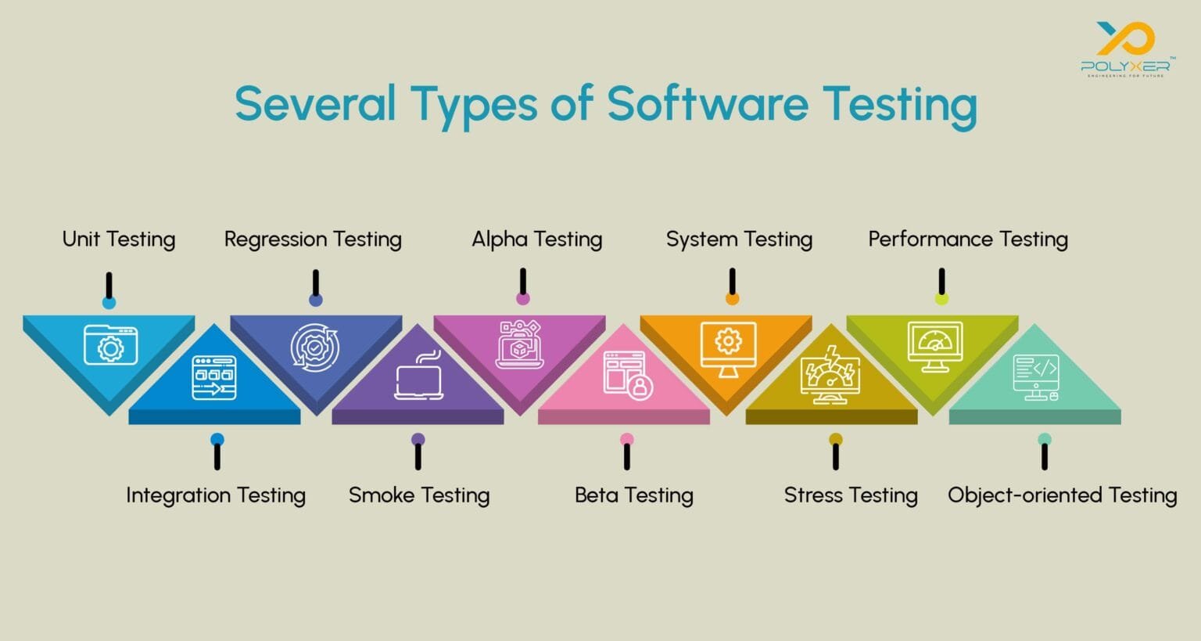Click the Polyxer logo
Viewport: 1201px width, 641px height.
point(1125,49)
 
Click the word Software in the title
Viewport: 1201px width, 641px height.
point(707,103)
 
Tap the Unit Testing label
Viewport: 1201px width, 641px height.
point(119,239)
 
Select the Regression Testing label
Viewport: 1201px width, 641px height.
point(313,239)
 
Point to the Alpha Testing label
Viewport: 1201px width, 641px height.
point(536,239)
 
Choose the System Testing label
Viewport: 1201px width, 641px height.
point(739,239)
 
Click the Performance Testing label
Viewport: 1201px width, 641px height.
point(968,239)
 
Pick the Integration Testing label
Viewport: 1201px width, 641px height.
point(216,495)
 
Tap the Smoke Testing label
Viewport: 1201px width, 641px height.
point(419,495)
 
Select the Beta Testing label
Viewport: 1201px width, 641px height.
point(634,495)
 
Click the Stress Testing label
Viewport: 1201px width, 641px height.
point(851,495)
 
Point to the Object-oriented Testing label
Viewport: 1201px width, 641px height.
point(1062,495)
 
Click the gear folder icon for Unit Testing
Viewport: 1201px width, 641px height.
point(110,345)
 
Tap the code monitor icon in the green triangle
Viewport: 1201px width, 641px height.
point(1036,377)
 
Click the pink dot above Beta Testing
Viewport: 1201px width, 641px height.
point(627,440)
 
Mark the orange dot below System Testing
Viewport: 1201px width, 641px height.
point(733,298)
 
